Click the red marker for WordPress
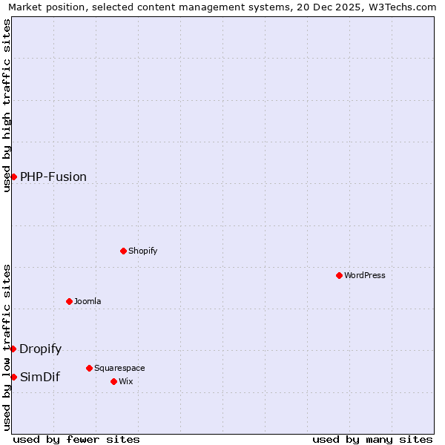339,275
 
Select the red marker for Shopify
123,251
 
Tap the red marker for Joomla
69,301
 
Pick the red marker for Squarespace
89,368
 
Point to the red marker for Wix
113,381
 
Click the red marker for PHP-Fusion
13,177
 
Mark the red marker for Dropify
13,349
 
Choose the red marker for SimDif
13,377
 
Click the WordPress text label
365,275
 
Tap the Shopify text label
143,251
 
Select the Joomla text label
88,301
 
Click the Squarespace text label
119,368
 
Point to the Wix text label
125,381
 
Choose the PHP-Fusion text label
53,177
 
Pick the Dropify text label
41,349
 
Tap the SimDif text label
40,377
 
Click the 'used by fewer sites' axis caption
76,439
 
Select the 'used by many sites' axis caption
372,439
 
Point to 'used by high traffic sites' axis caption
7,105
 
